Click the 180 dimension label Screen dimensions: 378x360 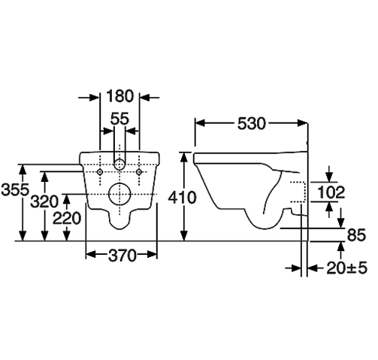120,96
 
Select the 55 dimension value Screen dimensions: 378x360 119,119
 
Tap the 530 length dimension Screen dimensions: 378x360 251,123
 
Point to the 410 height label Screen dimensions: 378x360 182,198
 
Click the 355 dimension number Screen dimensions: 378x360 15,189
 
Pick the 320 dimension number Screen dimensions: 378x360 44,201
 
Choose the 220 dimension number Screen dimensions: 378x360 67,218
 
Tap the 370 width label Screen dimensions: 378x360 122,256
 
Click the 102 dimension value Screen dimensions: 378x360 331,192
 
